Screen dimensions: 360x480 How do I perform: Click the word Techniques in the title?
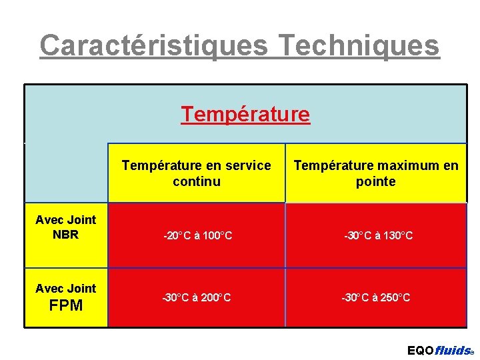(359, 45)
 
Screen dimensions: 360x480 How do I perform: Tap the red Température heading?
(245, 115)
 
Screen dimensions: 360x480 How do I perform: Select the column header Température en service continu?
(196, 173)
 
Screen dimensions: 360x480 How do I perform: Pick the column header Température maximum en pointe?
(376, 173)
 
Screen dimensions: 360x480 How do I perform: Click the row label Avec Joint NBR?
(65, 227)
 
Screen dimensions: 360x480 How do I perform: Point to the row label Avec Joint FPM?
(65, 297)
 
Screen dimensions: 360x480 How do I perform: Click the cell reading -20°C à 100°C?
(198, 235)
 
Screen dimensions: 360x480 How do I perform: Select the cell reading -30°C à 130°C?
(378, 235)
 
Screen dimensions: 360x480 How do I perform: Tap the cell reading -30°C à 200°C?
(197, 297)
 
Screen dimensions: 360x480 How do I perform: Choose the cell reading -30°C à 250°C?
(377, 297)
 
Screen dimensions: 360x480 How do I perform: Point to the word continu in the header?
(196, 181)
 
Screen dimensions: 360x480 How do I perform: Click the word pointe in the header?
(376, 181)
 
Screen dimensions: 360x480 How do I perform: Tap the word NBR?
(65, 235)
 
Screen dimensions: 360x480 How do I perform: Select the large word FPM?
(66, 306)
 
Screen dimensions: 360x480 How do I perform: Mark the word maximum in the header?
(407, 165)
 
